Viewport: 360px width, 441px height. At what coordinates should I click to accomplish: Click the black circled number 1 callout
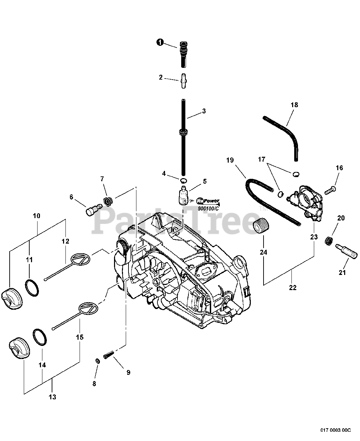point(160,42)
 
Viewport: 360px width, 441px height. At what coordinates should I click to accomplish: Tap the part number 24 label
point(264,253)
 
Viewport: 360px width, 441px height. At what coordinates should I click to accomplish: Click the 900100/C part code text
point(208,208)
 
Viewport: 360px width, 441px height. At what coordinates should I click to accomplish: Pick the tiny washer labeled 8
point(97,361)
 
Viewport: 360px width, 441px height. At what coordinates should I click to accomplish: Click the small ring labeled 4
point(183,181)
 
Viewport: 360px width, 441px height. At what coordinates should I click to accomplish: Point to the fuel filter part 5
point(183,196)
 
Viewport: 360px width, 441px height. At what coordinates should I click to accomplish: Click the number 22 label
point(292,288)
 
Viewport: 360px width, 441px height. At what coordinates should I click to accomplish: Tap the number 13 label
point(52,397)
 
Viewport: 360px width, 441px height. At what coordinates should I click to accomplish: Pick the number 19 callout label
point(230,160)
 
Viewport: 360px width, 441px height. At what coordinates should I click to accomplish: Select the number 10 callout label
point(37,216)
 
